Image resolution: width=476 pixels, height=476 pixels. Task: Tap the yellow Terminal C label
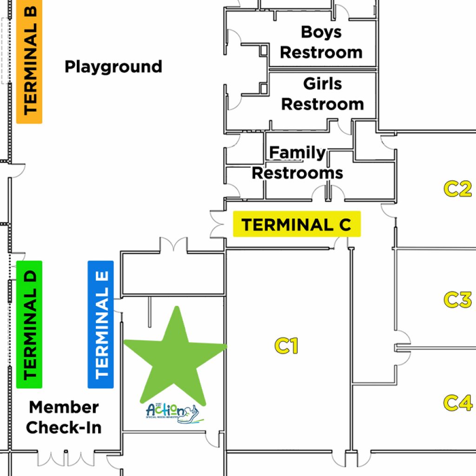(297, 225)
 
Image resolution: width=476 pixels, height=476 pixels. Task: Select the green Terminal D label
(29, 324)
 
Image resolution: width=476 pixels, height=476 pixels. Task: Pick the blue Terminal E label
(100, 324)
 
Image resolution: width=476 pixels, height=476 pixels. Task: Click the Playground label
(113, 67)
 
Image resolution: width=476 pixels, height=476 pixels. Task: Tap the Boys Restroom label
(321, 42)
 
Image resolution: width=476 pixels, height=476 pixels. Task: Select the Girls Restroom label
(323, 94)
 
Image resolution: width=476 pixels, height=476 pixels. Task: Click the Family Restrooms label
(297, 163)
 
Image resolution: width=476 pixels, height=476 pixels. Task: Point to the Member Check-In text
(64, 417)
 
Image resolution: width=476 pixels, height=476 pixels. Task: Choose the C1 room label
(286, 346)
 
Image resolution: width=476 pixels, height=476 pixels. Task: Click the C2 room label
(457, 189)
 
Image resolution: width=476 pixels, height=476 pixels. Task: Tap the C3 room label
(457, 300)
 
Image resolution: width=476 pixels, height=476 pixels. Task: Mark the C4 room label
(457, 403)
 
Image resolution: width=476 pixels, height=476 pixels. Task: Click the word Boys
(321, 32)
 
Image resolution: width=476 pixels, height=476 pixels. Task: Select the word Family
(297, 152)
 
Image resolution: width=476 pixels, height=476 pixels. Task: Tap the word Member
(64, 407)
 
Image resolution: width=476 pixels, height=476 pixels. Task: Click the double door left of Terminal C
(217, 225)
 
